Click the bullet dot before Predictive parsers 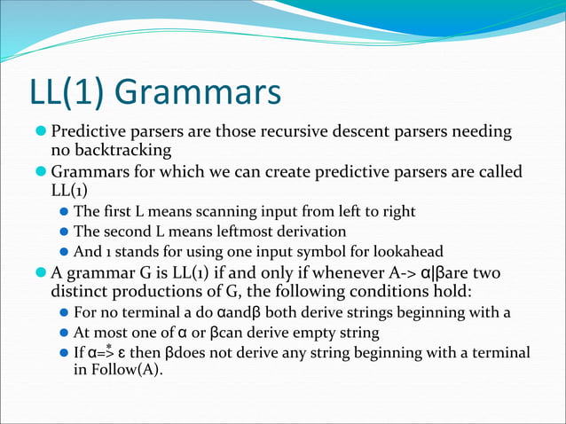click(x=41, y=132)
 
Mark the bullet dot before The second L click(x=63, y=232)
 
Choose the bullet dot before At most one click(x=63, y=333)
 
